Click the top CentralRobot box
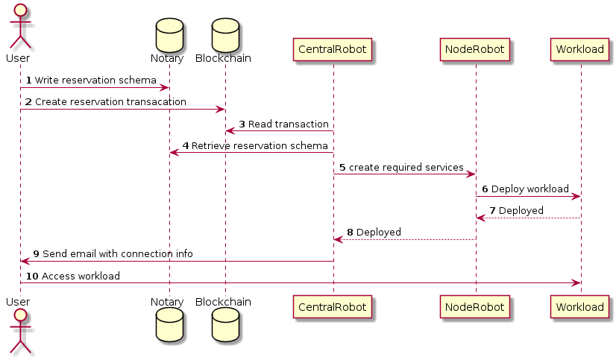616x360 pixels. pos(333,50)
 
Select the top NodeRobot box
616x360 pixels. pos(475,50)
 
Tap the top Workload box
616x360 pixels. pos(580,50)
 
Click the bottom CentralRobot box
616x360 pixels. pos(333,306)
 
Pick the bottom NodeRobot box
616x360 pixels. pos(475,306)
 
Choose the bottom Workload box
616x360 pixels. pos(580,306)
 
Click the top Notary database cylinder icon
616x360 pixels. pos(169,31)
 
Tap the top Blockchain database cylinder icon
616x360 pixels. pos(224,31)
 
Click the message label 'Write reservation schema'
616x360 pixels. pos(95,80)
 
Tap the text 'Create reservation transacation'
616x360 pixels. pos(110,101)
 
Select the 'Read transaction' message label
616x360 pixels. pos(288,124)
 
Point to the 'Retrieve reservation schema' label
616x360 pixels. pos(260,145)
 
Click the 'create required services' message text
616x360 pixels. pos(406,167)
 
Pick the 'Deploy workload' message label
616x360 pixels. pos(529,189)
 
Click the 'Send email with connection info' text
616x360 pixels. pos(117,254)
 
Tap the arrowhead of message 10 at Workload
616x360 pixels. pos(576,282)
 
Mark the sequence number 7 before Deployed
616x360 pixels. pos(492,211)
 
